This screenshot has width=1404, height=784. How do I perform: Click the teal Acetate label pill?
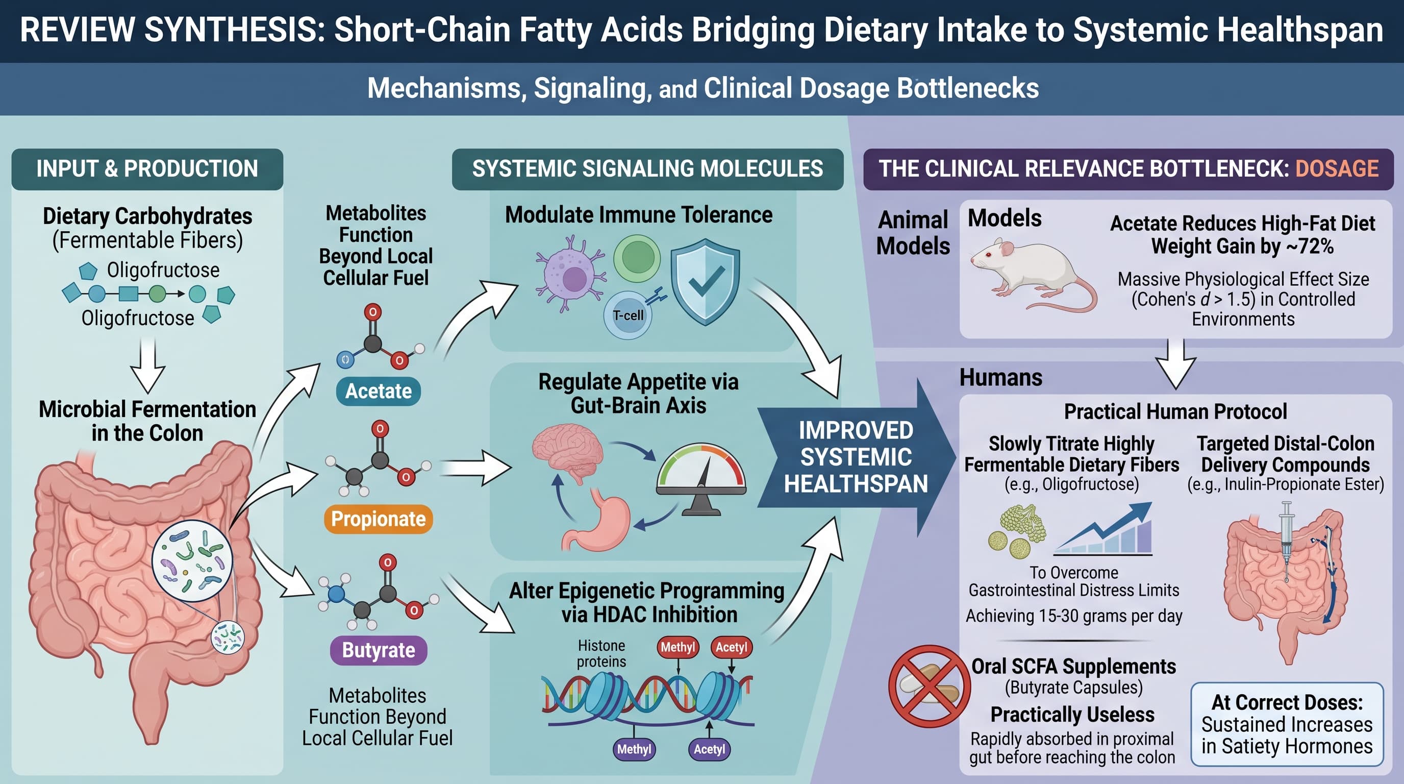coord(378,391)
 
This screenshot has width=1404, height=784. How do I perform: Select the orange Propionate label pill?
coord(378,519)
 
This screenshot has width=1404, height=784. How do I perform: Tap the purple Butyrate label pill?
coord(378,650)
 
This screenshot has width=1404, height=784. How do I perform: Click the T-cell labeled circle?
coord(628,315)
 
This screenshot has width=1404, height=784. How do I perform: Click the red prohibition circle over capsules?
coord(929,687)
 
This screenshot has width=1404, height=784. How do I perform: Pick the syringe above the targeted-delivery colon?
coord(1286,540)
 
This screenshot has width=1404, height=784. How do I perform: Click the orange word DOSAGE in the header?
coord(1337,168)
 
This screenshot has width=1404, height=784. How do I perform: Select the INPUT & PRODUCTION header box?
coord(147,169)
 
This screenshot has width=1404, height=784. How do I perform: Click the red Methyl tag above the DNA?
coord(678,647)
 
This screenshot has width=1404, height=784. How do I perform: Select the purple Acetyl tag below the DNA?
coord(709,749)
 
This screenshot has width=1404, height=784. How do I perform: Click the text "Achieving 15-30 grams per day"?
coord(1074,616)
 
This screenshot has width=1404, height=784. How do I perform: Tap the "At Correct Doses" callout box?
coord(1287,724)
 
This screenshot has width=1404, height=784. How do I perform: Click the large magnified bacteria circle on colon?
coord(192,560)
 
